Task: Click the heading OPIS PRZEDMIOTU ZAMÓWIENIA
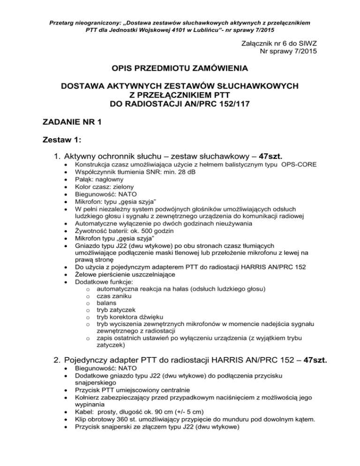click(x=180, y=69)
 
